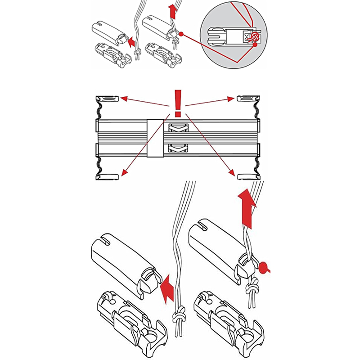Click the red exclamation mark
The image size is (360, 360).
click(x=178, y=102)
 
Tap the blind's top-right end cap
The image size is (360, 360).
click(x=248, y=98)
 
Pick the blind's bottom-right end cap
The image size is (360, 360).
click(x=248, y=175)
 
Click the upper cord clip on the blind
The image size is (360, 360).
click(x=179, y=128)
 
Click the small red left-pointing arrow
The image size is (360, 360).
click(x=130, y=42)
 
